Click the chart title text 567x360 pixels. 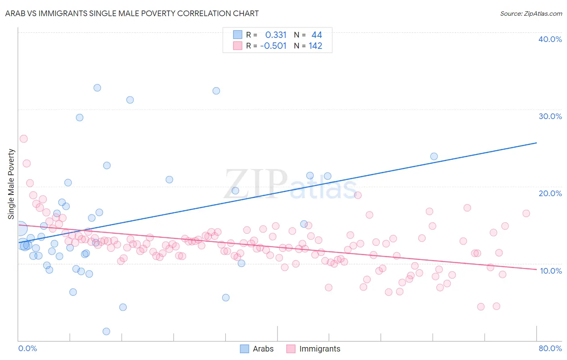click(x=132, y=13)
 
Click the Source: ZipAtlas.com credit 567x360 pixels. click(x=531, y=13)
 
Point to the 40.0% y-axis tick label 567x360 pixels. click(x=550, y=39)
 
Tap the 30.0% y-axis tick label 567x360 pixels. click(x=550, y=116)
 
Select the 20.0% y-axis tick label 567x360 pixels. click(x=550, y=193)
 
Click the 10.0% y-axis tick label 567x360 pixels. click(x=551, y=271)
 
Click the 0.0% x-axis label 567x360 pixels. click(x=27, y=348)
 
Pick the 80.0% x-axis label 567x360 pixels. click(x=550, y=348)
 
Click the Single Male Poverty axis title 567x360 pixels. click(x=11, y=184)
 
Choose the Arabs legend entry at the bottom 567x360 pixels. click(x=257, y=349)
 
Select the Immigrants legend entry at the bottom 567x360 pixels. click(x=313, y=349)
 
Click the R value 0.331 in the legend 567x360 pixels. click(x=276, y=35)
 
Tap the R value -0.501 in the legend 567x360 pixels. click(x=273, y=46)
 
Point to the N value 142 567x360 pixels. click(x=315, y=46)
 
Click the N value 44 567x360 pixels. click(x=317, y=35)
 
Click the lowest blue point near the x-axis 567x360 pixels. click(x=106, y=331)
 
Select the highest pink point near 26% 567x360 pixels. click(x=24, y=139)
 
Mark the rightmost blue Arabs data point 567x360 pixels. click(x=434, y=156)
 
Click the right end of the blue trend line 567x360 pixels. click(x=536, y=143)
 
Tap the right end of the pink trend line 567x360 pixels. click(x=536, y=270)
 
